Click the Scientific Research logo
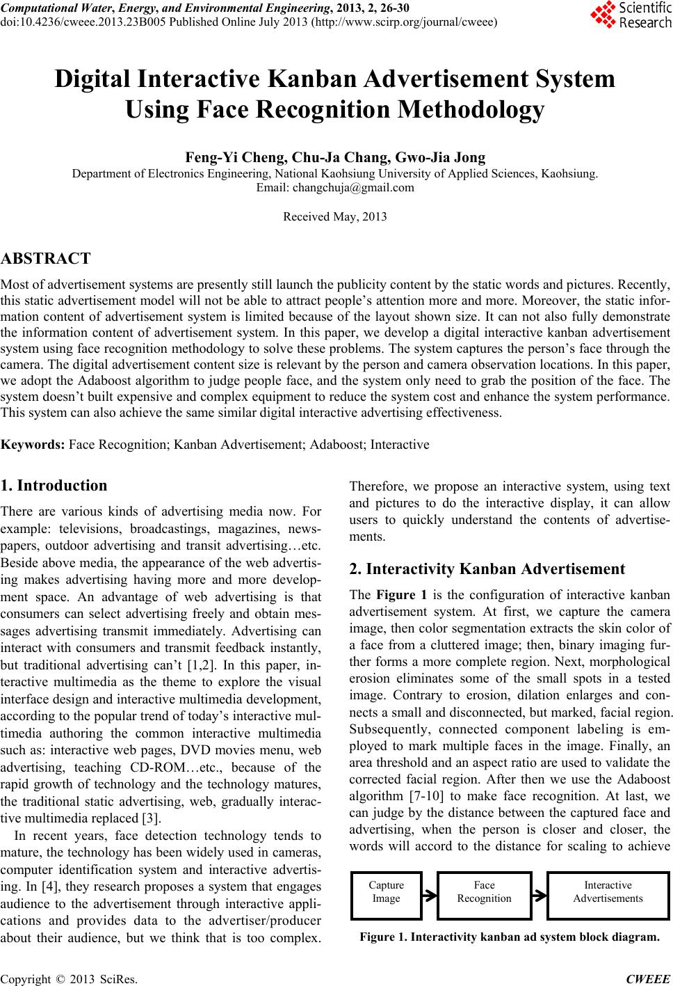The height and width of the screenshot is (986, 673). coord(631,15)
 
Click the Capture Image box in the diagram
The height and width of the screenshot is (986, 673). coord(387,891)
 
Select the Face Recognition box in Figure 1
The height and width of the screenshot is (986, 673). coord(484,891)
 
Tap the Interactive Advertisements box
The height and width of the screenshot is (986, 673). coord(608,891)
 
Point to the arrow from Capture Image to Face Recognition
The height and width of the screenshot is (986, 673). coord(430,893)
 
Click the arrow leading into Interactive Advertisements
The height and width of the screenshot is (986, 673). coord(540,893)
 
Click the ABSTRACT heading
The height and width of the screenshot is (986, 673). coord(46,259)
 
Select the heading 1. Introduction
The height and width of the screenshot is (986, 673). coord(54,486)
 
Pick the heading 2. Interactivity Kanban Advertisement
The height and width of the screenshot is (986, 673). coord(487,568)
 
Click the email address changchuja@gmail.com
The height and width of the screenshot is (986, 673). coord(353,188)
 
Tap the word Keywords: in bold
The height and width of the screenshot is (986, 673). coord(33,444)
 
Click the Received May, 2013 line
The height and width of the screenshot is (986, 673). coord(335,216)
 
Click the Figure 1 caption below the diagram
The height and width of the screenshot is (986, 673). coord(510,937)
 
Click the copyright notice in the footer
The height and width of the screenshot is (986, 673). coord(70,980)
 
